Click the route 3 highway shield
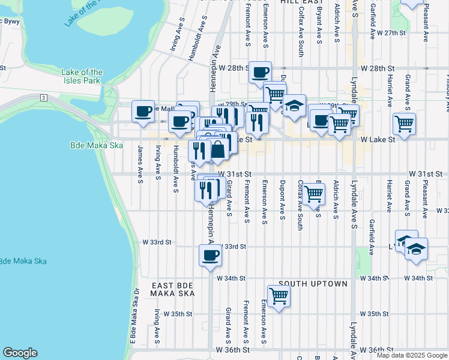(x=44, y=97)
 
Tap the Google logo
(x=20, y=353)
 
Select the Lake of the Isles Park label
(x=82, y=76)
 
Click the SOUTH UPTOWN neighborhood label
(x=313, y=283)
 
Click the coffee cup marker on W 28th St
(x=260, y=73)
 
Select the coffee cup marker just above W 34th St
(x=210, y=256)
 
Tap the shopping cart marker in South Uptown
(x=279, y=296)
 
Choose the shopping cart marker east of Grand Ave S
(x=405, y=124)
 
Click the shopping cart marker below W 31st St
(x=313, y=194)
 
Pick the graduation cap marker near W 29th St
(x=294, y=106)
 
